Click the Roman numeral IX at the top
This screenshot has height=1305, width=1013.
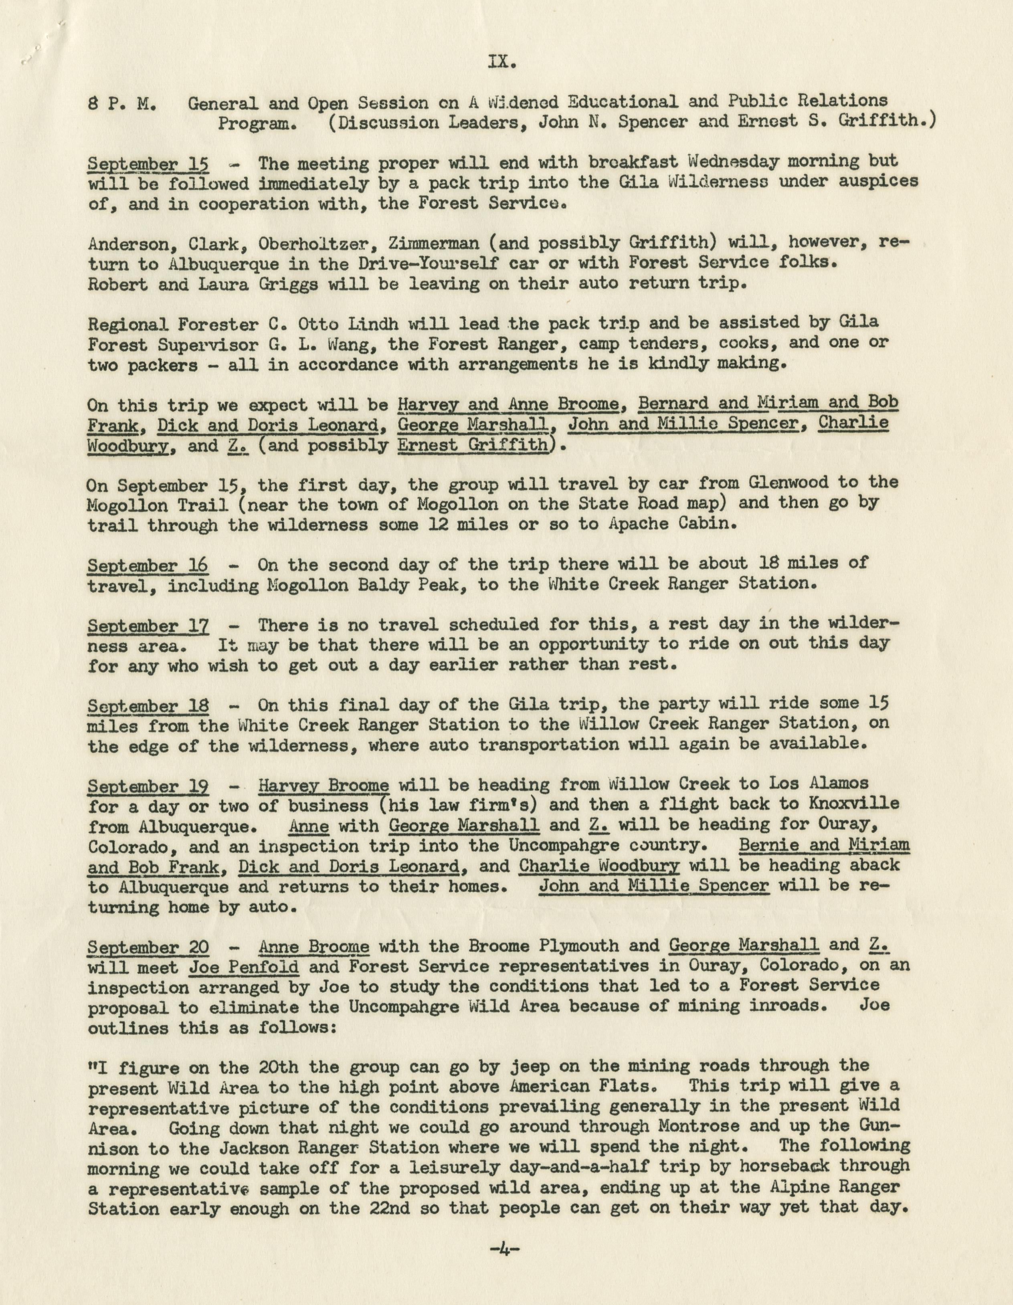501,62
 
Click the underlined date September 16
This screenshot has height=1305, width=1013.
148,565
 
